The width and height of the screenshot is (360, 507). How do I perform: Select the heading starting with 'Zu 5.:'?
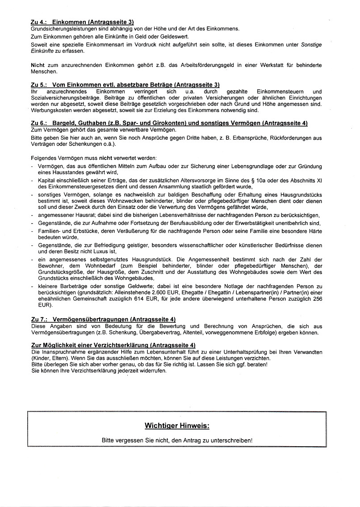[125, 84]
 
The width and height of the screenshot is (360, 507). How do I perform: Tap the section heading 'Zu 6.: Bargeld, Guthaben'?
[169, 123]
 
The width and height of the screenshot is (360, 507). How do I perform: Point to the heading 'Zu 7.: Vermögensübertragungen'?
[103, 319]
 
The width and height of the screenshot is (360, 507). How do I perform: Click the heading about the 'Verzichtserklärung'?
[113, 345]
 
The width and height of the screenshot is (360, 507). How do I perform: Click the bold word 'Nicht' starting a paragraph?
[39, 65]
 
